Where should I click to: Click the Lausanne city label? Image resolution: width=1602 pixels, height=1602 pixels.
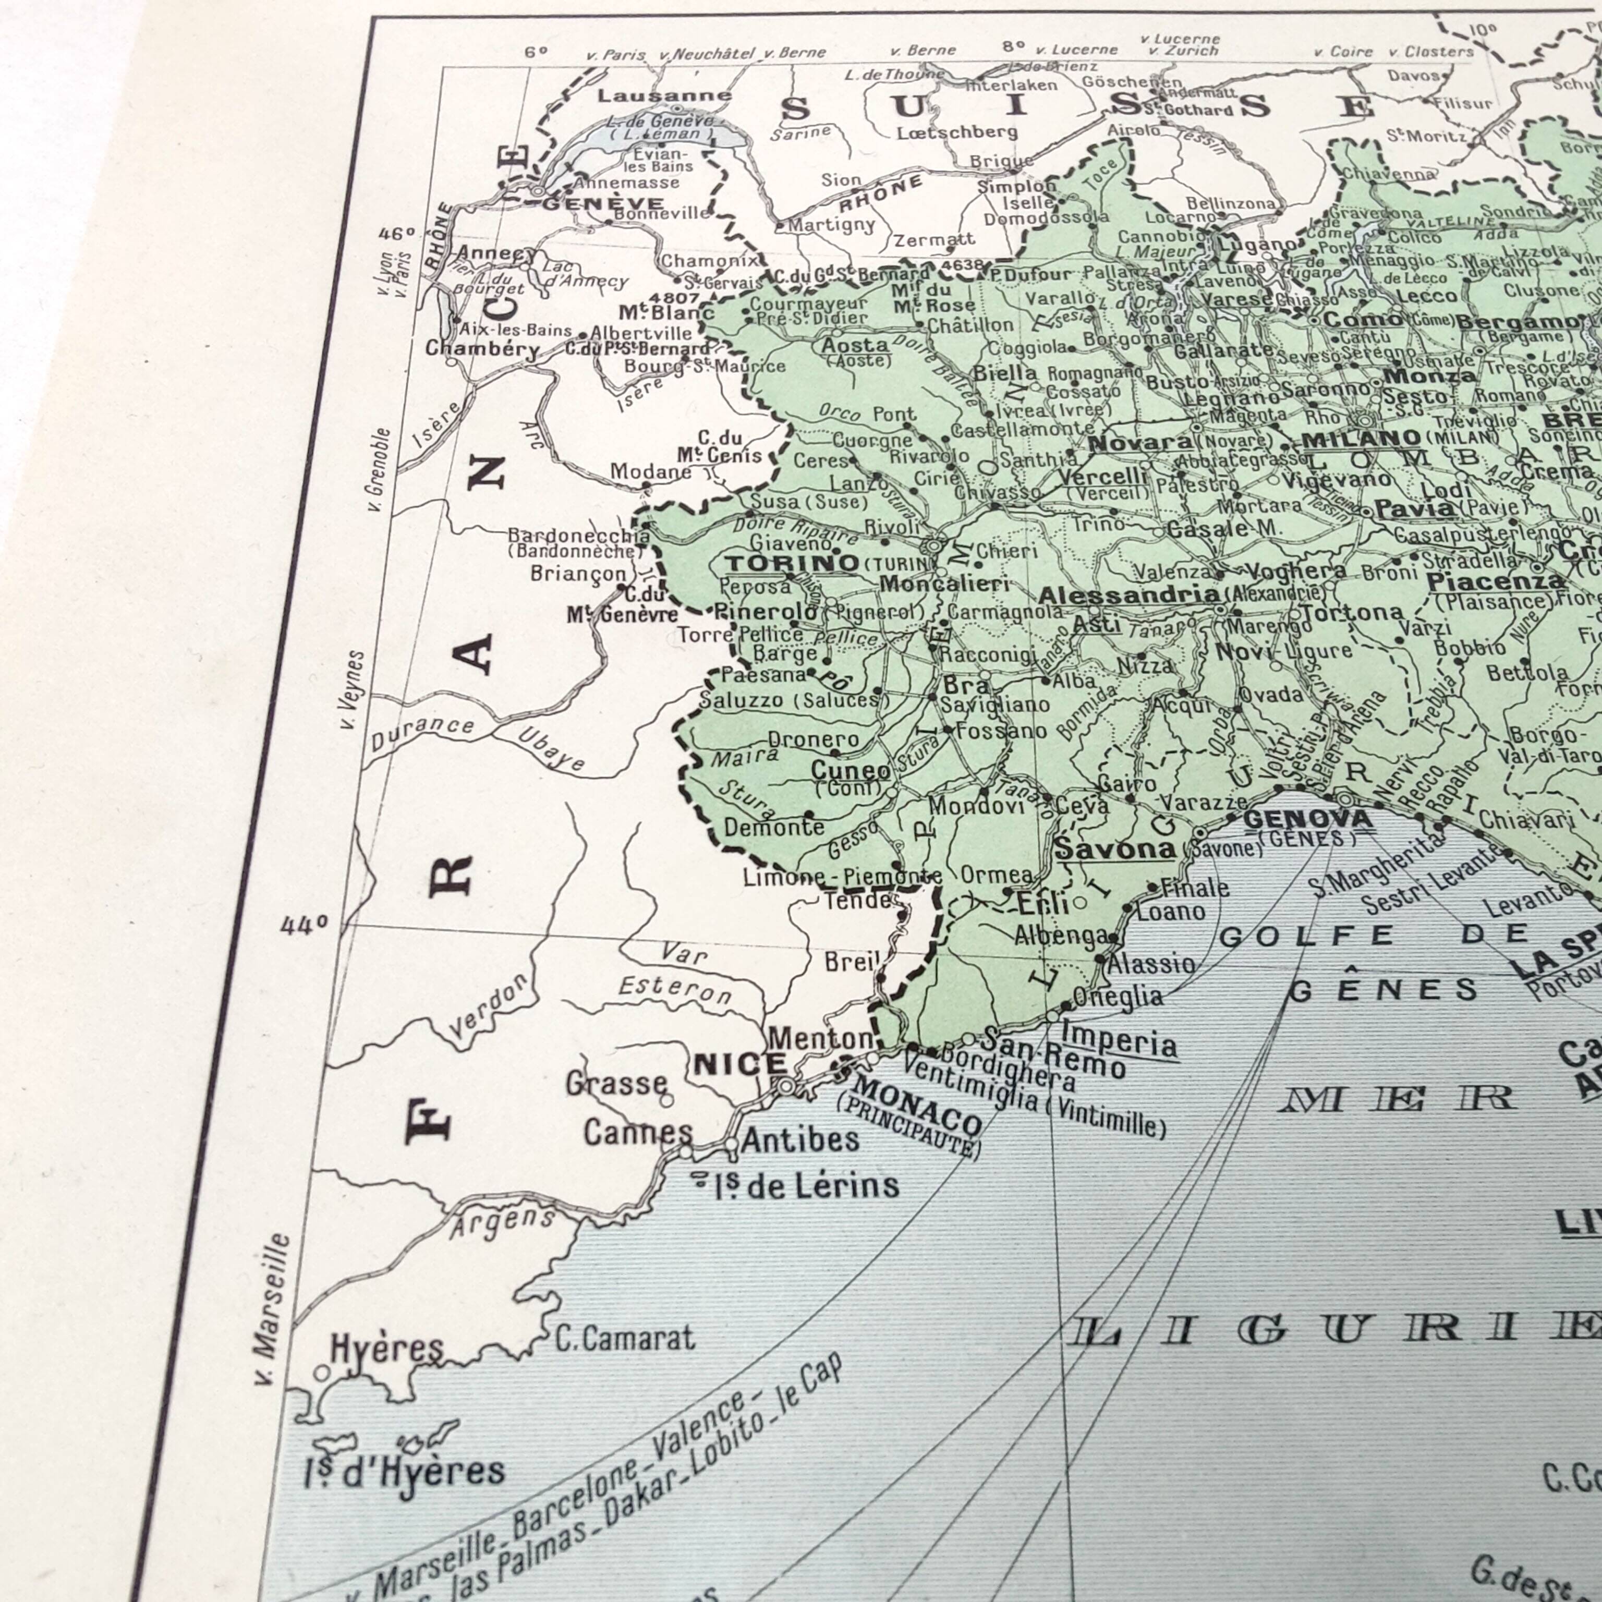click(664, 96)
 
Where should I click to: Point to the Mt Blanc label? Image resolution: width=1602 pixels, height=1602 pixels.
click(666, 312)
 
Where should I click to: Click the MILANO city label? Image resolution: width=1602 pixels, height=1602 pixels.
click(1361, 439)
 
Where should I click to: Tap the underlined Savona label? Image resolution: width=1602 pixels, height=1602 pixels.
click(1115, 848)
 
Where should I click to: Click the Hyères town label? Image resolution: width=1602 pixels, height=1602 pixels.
click(386, 1348)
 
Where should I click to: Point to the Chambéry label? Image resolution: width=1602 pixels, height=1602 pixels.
click(482, 348)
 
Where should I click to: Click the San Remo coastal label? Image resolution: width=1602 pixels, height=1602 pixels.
click(1053, 1049)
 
